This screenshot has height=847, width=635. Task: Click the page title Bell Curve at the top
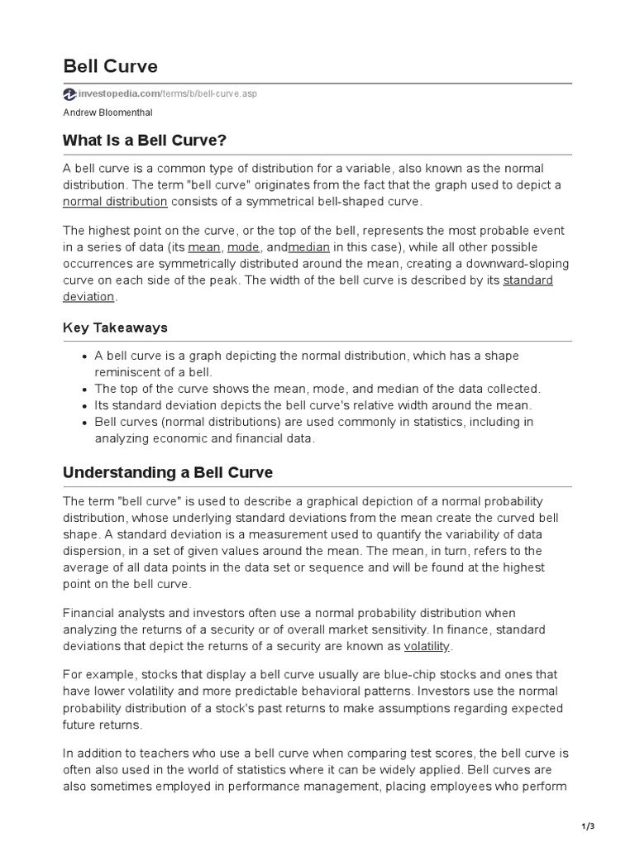tap(110, 65)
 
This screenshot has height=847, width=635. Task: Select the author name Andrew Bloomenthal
tap(108, 112)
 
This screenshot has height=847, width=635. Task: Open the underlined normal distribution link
tap(115, 201)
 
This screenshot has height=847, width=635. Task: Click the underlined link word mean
tap(204, 247)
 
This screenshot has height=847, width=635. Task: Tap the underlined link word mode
tap(243, 247)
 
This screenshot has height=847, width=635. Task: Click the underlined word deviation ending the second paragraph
tap(89, 297)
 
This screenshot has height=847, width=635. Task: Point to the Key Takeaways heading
tap(115, 328)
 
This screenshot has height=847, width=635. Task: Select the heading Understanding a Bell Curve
tap(168, 473)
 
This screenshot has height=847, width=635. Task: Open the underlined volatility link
tap(427, 646)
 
